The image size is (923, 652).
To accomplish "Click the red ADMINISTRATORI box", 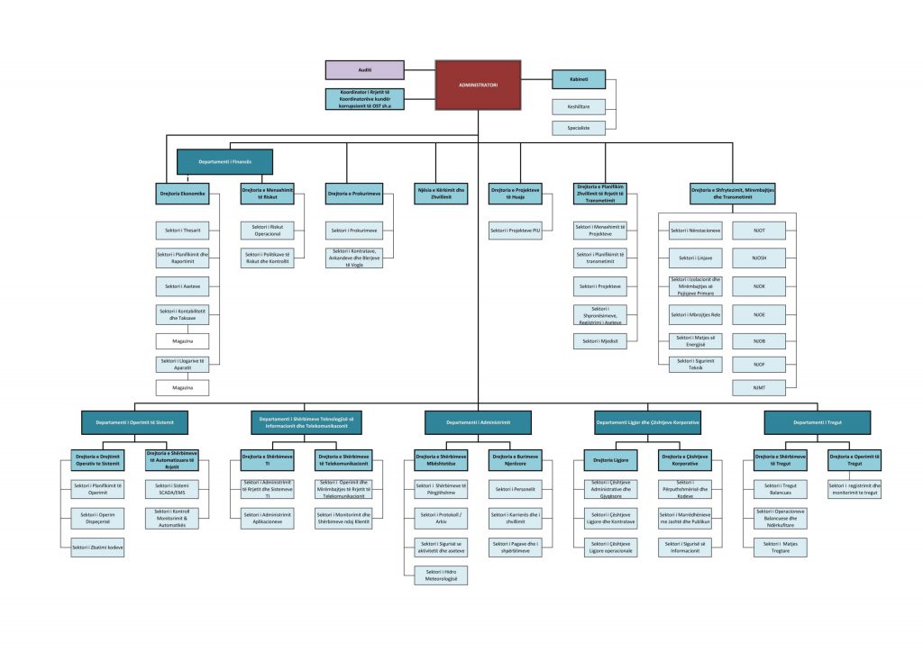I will point(478,85).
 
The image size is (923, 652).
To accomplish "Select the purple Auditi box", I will point(365,70).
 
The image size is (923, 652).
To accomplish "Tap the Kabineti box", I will point(578,79).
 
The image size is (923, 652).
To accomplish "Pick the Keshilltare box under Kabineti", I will point(578,107).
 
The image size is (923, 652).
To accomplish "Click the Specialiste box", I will point(578,128).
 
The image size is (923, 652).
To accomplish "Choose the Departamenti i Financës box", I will point(224,161).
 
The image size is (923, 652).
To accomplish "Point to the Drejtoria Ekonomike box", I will point(183,194).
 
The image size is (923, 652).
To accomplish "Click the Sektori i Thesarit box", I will point(183,230).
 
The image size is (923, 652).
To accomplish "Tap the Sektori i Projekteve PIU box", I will point(516,231).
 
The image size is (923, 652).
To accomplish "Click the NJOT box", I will point(758,230).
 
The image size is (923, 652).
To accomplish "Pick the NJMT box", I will point(758,386).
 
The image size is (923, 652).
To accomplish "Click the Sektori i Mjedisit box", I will point(600,341).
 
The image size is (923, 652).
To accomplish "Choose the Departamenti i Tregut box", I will point(818,421).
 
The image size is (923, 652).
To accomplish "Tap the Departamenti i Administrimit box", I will point(478,421).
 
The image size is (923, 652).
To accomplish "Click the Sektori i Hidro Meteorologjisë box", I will point(441,575).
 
